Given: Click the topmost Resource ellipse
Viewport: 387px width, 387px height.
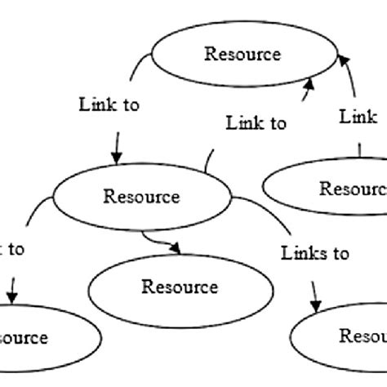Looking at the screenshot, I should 242,56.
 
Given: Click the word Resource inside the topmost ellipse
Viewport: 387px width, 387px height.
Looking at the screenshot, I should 242,55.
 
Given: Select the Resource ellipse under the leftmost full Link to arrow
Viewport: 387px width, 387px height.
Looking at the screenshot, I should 142,198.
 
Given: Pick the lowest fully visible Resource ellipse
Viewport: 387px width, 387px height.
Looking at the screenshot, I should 180,287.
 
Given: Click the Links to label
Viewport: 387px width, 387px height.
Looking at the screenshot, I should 315,253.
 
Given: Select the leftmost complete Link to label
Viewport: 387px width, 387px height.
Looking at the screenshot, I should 109,105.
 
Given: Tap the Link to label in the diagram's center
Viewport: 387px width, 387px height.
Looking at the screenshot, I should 256,123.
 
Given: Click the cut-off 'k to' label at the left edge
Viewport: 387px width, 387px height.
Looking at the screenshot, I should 11,249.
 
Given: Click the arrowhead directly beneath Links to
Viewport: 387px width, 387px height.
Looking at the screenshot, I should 315,306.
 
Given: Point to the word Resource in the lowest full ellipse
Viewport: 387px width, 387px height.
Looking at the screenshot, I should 180,287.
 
